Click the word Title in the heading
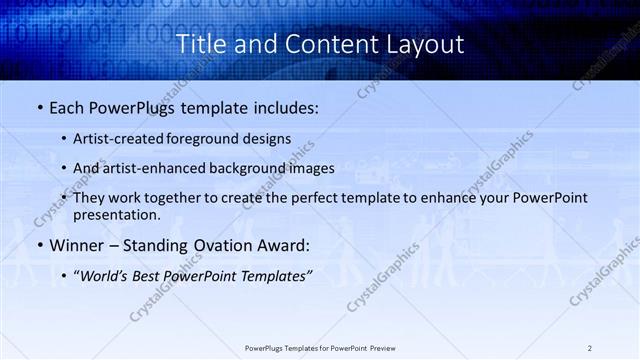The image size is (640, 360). coord(201,44)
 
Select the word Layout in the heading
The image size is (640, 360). coord(425,44)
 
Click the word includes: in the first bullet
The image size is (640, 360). coord(282,106)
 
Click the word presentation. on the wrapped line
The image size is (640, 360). coord(116,214)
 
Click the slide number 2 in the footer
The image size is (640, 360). coord(590,347)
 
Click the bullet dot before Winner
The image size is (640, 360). coord(39,245)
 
